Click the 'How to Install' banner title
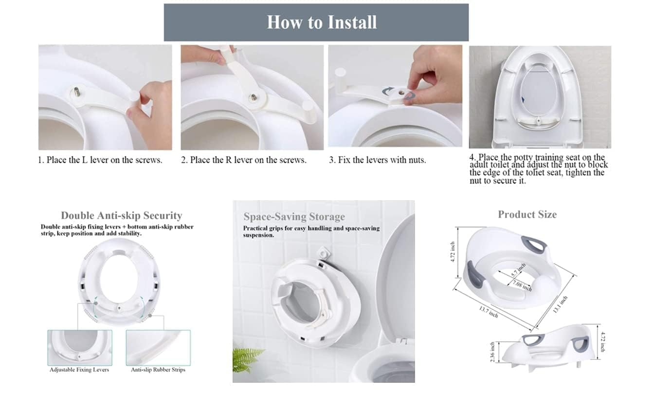click(322, 22)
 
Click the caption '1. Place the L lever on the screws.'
click(100, 160)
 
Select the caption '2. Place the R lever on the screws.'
click(244, 160)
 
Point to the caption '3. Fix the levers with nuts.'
click(378, 160)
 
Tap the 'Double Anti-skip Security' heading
click(122, 215)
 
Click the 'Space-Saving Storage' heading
click(294, 217)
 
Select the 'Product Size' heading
click(527, 214)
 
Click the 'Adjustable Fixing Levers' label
click(79, 370)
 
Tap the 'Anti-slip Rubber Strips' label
click(158, 370)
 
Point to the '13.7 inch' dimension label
click(489, 312)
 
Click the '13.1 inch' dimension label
click(560, 304)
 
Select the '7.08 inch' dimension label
click(522, 286)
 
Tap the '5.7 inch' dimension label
click(519, 270)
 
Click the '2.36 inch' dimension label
click(492, 352)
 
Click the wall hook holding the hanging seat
click(323, 252)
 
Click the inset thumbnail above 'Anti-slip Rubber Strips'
click(158, 348)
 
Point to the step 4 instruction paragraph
click(539, 169)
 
